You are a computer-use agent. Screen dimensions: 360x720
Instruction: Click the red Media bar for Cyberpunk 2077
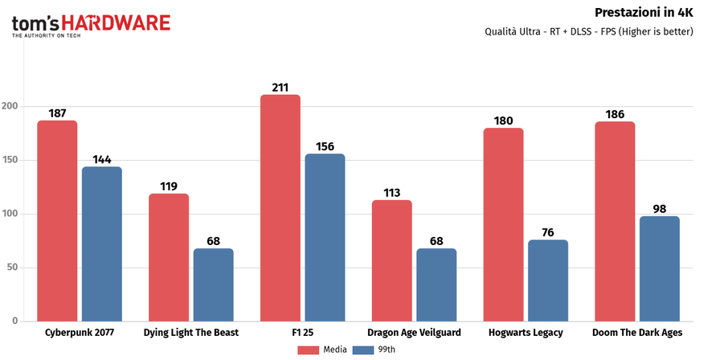pyautogui.click(x=57, y=221)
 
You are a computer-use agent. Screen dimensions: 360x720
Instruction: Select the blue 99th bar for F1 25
pyautogui.click(x=325, y=238)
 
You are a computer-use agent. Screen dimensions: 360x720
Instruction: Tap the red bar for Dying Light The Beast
pyautogui.click(x=169, y=257)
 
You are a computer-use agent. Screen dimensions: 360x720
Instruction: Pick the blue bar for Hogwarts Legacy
pyautogui.click(x=548, y=280)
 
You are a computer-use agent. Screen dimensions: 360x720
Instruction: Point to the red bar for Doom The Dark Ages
pyautogui.click(x=615, y=222)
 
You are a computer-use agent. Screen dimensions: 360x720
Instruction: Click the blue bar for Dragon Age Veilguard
pyautogui.click(x=436, y=284)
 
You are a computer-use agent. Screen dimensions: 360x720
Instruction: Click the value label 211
pyautogui.click(x=280, y=87)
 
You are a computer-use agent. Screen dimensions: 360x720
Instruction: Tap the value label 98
pyautogui.click(x=659, y=209)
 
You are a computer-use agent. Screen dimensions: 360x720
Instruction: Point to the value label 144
pyautogui.click(x=102, y=159)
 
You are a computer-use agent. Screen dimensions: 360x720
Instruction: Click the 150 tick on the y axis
pyautogui.click(x=10, y=161)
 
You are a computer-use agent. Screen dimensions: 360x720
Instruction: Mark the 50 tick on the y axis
pyautogui.click(x=12, y=268)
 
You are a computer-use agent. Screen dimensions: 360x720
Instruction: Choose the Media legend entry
pyautogui.click(x=321, y=350)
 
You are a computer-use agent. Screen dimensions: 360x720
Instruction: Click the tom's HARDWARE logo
pyautogui.click(x=91, y=24)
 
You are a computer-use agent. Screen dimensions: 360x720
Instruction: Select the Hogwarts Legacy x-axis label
pyautogui.click(x=526, y=332)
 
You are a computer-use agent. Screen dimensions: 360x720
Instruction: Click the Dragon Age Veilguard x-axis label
pyautogui.click(x=414, y=332)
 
